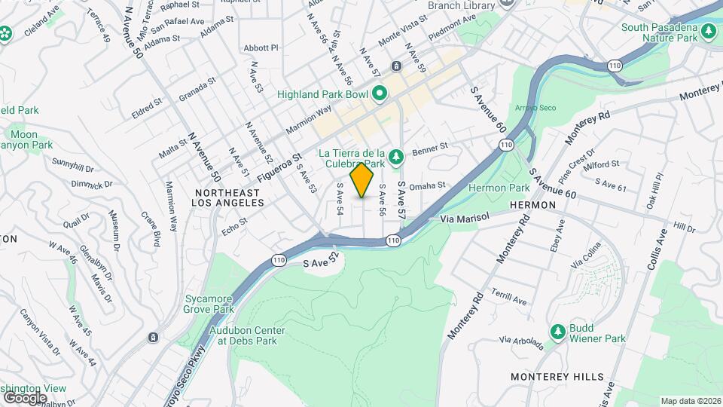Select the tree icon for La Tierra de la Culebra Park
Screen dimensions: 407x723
397,157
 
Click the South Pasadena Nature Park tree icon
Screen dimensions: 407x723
708,31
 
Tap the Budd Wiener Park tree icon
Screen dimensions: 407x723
557,332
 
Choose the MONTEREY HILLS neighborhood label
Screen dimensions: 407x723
557,377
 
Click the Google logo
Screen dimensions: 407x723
25,397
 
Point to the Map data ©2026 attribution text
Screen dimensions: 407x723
690,401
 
